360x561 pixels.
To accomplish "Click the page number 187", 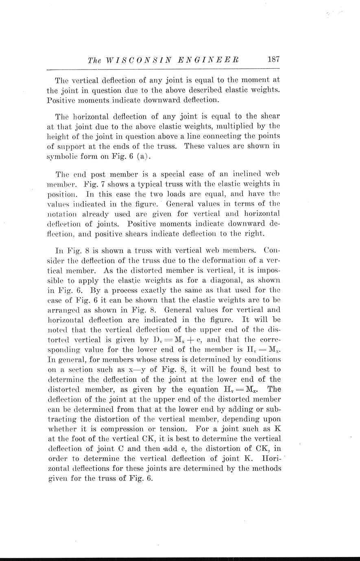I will coord(274,59).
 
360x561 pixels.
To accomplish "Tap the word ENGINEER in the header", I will coord(211,60).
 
